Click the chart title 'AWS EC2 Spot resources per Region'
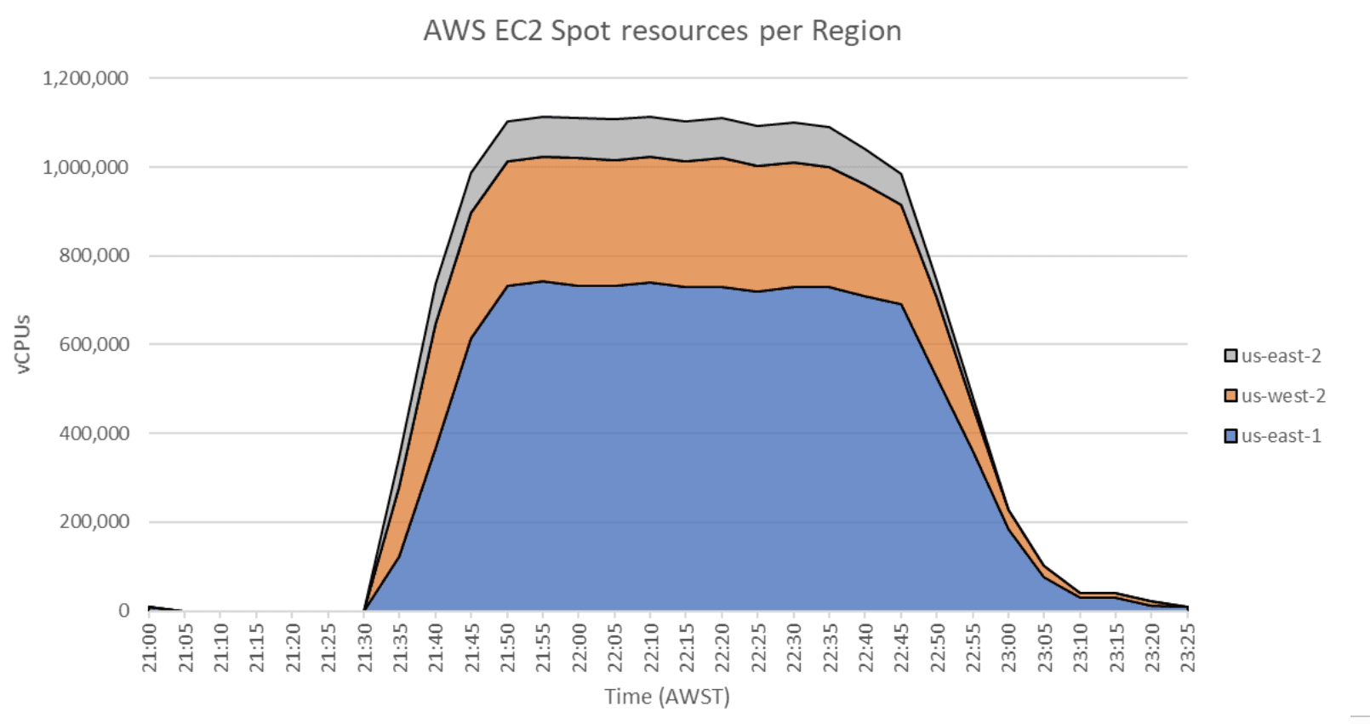[x=662, y=32]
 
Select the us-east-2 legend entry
[x=1281, y=356]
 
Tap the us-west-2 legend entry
[x=1282, y=396]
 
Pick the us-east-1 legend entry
[x=1281, y=436]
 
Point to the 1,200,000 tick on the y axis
[x=85, y=78]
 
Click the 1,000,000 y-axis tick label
[x=85, y=167]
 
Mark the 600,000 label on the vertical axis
[x=94, y=344]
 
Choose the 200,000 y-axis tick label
[x=94, y=521]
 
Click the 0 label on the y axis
[x=124, y=611]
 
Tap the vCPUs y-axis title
[x=23, y=344]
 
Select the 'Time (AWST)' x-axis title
[x=667, y=697]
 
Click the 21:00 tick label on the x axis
[x=150, y=647]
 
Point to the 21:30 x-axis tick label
[x=365, y=647]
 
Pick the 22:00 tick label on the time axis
[x=579, y=647]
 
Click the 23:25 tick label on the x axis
[x=1188, y=647]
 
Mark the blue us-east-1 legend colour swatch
[x=1230, y=436]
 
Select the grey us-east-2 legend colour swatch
[x=1230, y=356]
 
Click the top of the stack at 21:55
[x=543, y=117]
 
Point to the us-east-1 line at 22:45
[x=901, y=304]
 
